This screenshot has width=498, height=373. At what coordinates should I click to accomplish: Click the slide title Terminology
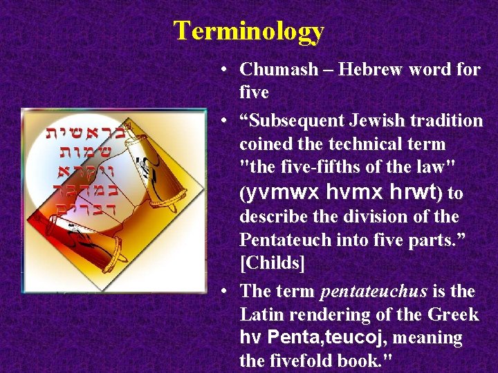click(248, 31)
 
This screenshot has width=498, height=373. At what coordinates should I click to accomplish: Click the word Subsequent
click(290, 121)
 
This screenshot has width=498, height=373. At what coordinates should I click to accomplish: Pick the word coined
click(264, 144)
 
